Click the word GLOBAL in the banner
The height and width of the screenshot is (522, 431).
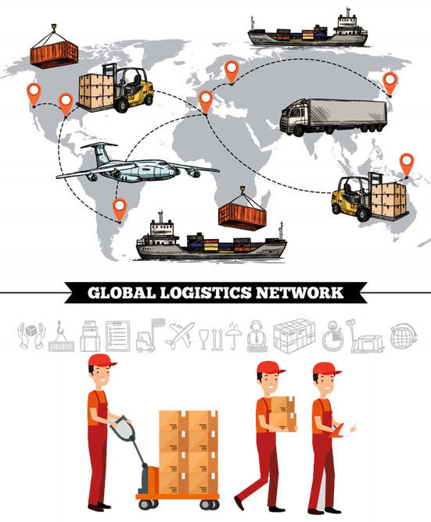122,292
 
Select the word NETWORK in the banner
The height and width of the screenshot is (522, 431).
299,292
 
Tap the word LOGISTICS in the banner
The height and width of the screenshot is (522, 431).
206,292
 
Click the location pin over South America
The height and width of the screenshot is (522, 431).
120,209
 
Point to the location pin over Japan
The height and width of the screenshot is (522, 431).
390,84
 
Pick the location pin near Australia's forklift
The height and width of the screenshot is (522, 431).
407,165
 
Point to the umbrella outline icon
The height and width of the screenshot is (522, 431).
233,335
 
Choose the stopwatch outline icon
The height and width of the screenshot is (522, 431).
332,336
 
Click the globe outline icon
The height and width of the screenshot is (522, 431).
404,335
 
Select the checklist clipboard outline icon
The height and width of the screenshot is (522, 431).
117,335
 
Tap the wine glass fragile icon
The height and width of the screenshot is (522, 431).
203,339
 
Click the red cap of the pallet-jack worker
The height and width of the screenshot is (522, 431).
101,360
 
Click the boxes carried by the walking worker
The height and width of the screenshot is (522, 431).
282,414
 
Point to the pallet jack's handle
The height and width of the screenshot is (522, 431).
124,427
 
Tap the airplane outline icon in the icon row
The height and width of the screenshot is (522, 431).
181,334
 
